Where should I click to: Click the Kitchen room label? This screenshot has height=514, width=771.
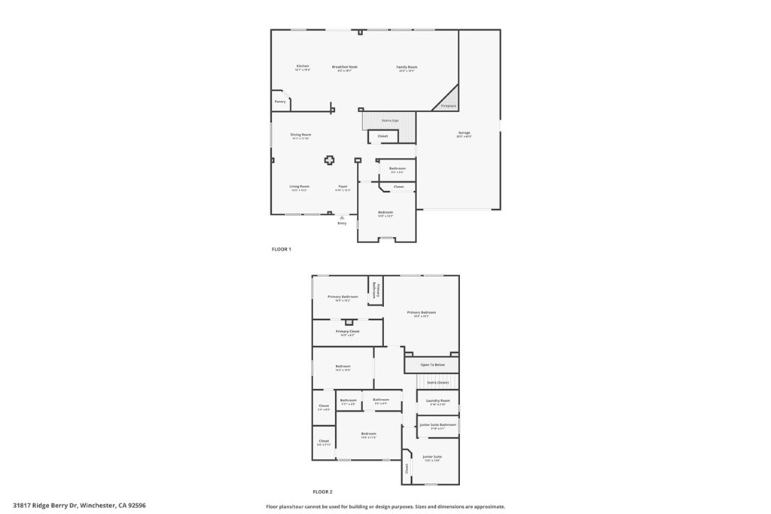pyautogui.click(x=303, y=66)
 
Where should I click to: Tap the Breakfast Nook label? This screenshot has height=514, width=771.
pyautogui.click(x=345, y=66)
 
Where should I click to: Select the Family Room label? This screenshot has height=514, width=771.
pyautogui.click(x=407, y=67)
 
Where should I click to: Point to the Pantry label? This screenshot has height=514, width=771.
pyautogui.click(x=280, y=101)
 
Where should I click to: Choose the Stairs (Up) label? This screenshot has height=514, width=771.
pyautogui.click(x=389, y=120)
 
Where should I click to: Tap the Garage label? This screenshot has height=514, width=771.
pyautogui.click(x=464, y=133)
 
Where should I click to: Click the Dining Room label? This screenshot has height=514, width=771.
pyautogui.click(x=301, y=135)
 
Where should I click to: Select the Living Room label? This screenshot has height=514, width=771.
pyautogui.click(x=300, y=186)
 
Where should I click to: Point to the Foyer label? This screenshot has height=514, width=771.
pyautogui.click(x=343, y=186)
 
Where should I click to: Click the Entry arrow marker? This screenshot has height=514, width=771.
pyautogui.click(x=342, y=218)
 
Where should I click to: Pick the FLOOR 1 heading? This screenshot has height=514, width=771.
pyautogui.click(x=281, y=248)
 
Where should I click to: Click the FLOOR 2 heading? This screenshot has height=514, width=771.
pyautogui.click(x=322, y=491)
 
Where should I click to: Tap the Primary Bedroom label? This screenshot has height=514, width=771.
pyautogui.click(x=422, y=312)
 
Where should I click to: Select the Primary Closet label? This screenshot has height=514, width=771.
pyautogui.click(x=348, y=331)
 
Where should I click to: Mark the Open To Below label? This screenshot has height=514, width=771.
pyautogui.click(x=432, y=365)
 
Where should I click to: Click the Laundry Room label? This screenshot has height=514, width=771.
pyautogui.click(x=438, y=400)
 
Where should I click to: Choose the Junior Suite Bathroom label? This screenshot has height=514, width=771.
pyautogui.click(x=438, y=424)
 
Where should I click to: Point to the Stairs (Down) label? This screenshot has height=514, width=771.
pyautogui.click(x=437, y=382)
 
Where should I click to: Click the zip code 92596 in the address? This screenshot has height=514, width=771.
pyautogui.click(x=136, y=506)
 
